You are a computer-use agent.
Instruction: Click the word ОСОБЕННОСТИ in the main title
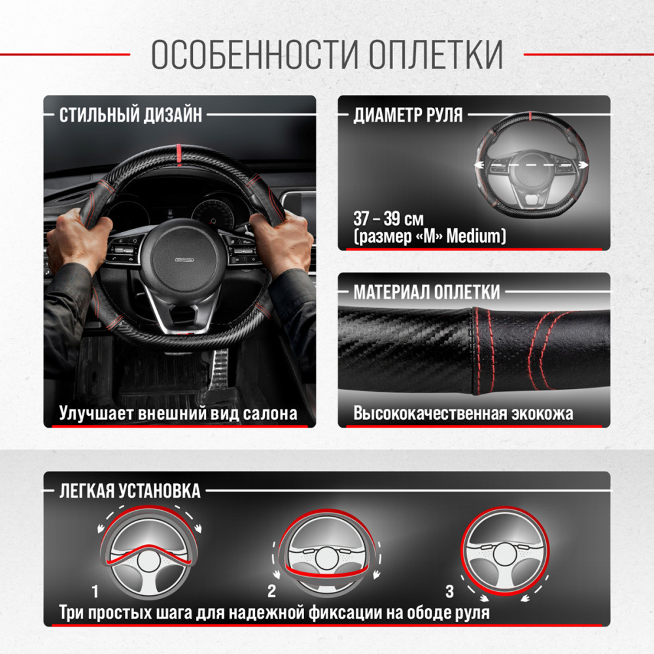pos(255,54)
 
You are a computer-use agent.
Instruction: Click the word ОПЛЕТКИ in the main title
pos(436,54)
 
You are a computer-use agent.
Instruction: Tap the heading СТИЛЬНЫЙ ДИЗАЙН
pos(131,115)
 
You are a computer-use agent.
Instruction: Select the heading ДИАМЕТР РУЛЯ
pos(408,115)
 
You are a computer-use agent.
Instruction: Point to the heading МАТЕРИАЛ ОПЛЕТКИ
pos(426,292)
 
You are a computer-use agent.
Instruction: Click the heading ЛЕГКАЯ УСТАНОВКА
pos(129,491)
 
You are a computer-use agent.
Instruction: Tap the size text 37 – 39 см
pos(388,218)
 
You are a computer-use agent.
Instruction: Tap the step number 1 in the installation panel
pos(95,591)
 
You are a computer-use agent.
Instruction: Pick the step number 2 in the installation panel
pos(272,591)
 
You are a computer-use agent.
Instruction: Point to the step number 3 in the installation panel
pos(449,591)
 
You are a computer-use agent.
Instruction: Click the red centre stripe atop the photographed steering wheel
pos(179,155)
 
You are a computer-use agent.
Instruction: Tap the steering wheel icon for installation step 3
pos(505,551)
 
